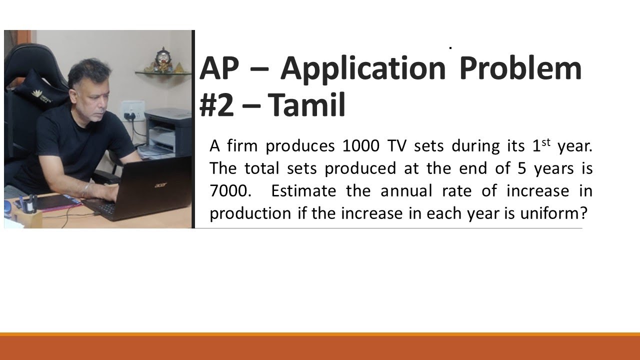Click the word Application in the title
[x=362, y=69]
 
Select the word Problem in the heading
[x=520, y=69]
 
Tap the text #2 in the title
[x=216, y=106]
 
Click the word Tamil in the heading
[x=306, y=106]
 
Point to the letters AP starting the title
[x=218, y=69]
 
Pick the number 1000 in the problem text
[x=361, y=146]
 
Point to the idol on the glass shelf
[x=162, y=60]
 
